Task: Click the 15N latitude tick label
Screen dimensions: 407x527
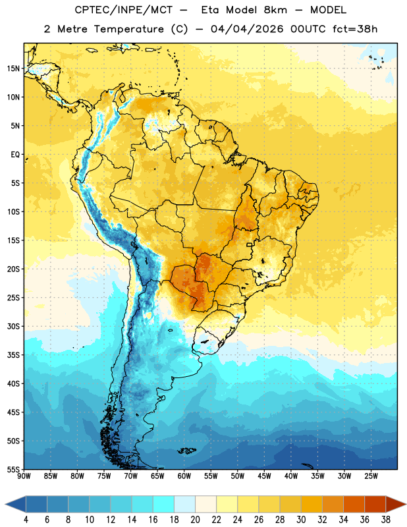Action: tap(13, 69)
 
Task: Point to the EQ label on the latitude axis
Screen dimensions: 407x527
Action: tap(15, 155)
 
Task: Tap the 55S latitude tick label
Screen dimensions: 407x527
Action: tap(13, 469)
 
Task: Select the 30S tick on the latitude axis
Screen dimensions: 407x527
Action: tap(13, 326)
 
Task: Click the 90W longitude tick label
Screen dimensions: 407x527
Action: tap(24, 476)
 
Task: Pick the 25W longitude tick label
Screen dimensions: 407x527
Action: tap(371, 476)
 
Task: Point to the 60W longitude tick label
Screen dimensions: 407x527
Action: tap(184, 476)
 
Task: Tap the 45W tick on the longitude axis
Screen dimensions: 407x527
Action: tap(264, 476)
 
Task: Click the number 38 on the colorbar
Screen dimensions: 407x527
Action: tap(386, 520)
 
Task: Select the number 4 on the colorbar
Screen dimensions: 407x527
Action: tap(26, 520)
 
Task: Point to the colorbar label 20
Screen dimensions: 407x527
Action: tap(195, 520)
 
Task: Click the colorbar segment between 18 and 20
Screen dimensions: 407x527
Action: tap(185, 504)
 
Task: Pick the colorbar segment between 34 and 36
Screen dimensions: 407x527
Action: tap(354, 504)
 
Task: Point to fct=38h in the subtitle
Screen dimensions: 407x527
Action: tap(355, 29)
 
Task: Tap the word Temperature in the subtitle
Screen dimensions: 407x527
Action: tap(128, 29)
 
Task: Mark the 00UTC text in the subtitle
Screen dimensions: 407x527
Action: tap(308, 29)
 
